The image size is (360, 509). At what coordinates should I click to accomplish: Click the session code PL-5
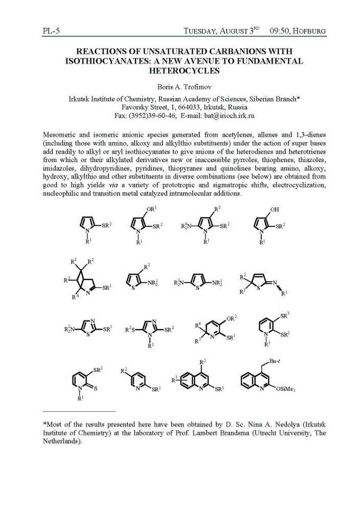coord(51,31)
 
